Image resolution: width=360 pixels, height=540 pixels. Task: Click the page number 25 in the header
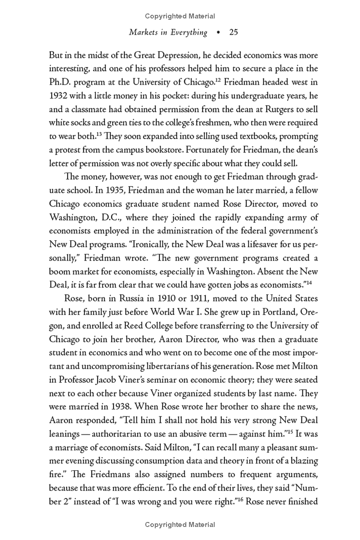coord(233,32)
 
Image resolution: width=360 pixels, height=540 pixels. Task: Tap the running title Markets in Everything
coord(168,32)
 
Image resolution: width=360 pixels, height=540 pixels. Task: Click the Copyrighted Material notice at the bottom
coord(180,525)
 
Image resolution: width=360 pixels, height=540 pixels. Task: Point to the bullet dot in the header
coord(219,32)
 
